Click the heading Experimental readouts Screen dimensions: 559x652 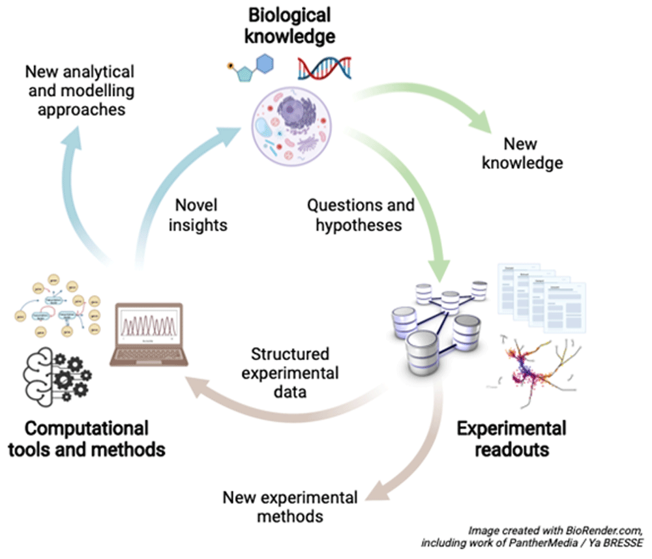(511, 438)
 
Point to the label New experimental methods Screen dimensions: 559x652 (290, 507)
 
